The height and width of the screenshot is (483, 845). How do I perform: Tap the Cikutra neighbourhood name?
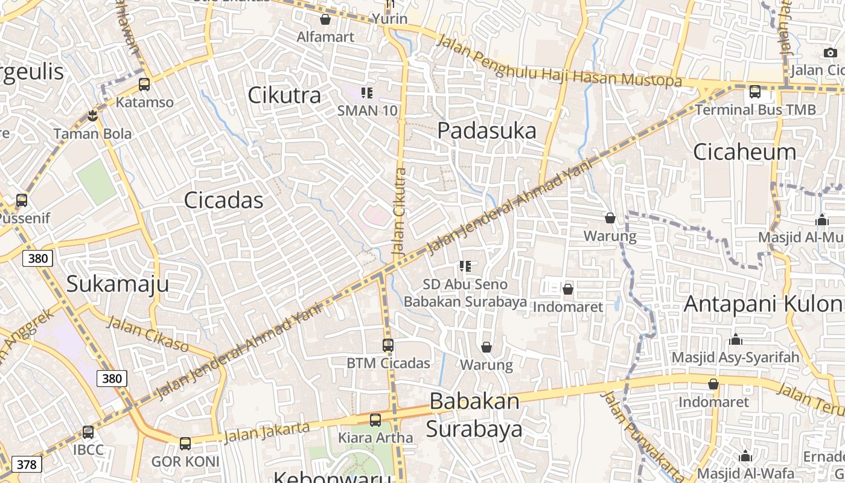point(284,95)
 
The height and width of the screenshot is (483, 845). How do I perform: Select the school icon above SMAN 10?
point(366,93)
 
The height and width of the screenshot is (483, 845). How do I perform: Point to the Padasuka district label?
point(486,130)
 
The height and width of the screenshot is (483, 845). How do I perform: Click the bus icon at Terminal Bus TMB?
point(754,92)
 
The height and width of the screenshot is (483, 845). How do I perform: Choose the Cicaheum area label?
point(744,152)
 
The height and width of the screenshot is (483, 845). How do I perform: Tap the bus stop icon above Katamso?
point(144,85)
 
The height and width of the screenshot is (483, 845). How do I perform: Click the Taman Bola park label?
point(92,133)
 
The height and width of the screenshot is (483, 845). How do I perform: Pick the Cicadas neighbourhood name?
point(223,200)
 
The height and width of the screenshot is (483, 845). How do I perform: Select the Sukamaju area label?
point(117,284)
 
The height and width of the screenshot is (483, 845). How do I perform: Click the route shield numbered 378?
point(27,464)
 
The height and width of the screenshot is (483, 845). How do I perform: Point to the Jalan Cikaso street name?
point(148,334)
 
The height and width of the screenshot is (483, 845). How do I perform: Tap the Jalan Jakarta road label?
point(267,432)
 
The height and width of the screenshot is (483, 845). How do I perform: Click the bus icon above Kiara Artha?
point(375,420)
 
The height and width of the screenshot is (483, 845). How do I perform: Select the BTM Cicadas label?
point(388,363)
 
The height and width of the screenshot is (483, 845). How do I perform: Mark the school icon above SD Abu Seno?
point(465,266)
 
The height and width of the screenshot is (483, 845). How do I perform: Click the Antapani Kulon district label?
point(764,304)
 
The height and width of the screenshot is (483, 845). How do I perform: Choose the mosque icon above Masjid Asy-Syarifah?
point(735,340)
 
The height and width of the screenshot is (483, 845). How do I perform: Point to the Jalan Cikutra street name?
point(399,211)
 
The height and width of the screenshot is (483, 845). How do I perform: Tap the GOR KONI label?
point(185,462)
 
